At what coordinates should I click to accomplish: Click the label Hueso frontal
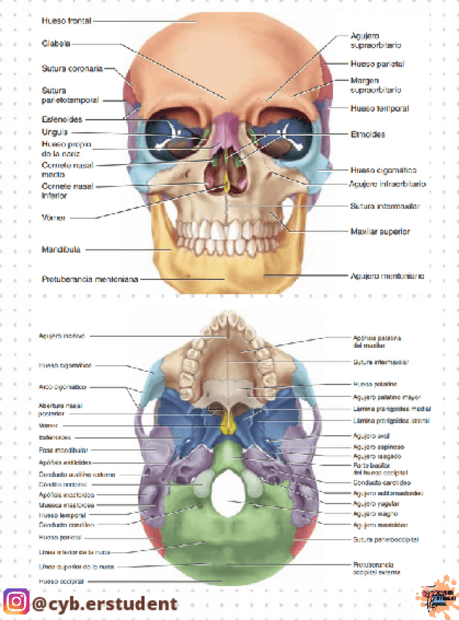click(66, 21)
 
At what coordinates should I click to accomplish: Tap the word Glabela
click(56, 44)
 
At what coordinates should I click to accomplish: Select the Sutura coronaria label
click(71, 69)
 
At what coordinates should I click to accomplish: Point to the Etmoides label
click(367, 135)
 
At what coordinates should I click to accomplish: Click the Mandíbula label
click(61, 249)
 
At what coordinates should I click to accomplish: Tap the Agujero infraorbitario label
click(388, 184)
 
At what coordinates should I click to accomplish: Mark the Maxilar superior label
click(380, 232)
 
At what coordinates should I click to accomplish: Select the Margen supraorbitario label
click(376, 85)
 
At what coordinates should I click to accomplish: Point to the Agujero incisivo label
click(62, 336)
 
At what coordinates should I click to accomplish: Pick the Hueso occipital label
click(61, 581)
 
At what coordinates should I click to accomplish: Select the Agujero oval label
click(368, 436)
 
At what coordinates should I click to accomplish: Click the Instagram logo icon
click(15, 602)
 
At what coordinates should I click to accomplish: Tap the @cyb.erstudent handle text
click(105, 603)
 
